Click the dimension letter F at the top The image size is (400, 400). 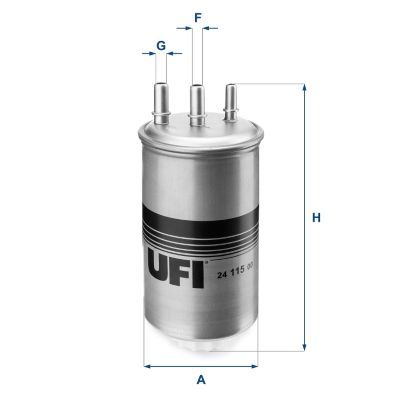point(198,16)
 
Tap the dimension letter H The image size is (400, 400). point(316,218)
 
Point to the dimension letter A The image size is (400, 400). point(201,380)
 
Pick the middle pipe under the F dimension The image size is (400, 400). point(198,100)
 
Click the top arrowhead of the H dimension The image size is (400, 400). point(302,88)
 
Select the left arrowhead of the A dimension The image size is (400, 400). point(148,365)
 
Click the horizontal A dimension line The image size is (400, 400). point(201,365)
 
